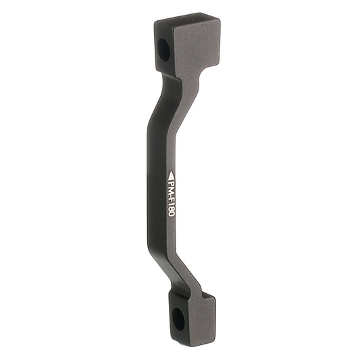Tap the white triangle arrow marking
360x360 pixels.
click(171, 174)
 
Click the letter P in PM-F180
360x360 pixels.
click(171, 182)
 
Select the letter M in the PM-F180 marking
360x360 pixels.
click(171, 190)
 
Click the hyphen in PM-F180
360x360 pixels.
click(172, 195)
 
